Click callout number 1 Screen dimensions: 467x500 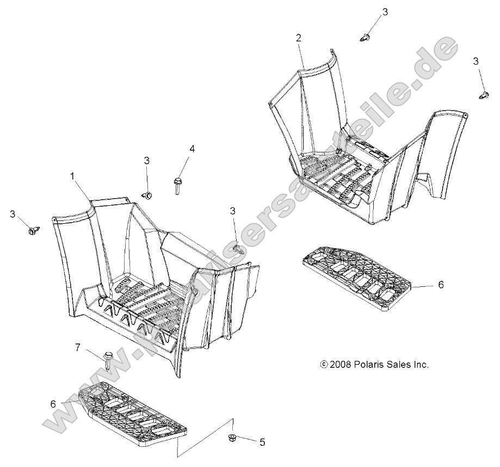pyautogui.click(x=72, y=176)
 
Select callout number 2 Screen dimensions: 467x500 pyautogui.click(x=298, y=38)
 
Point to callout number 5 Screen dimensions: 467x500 pyautogui.click(x=262, y=443)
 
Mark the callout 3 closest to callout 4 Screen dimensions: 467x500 pyautogui.click(x=146, y=160)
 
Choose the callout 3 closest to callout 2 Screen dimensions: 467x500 pyautogui.click(x=385, y=12)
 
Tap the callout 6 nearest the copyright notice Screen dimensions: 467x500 pyautogui.click(x=441, y=284)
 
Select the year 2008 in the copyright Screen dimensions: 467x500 pyautogui.click(x=339, y=365)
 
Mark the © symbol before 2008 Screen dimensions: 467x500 pyautogui.click(x=324, y=365)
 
